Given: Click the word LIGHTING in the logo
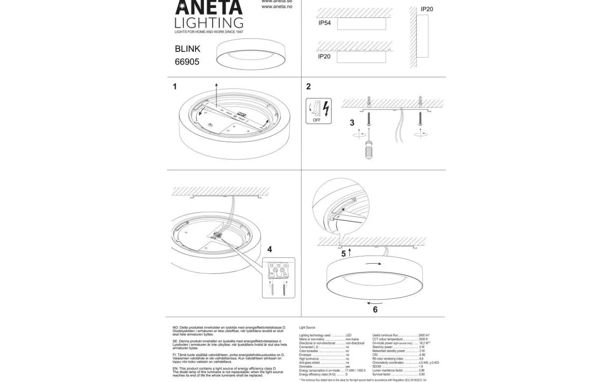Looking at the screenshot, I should coord(209,22).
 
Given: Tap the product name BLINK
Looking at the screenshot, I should coord(187,49).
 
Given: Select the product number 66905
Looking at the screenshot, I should coord(187,62).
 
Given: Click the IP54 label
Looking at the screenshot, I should coord(324,23).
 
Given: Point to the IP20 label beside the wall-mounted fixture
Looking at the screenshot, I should coord(427,9).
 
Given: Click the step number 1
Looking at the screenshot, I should coord(174,87).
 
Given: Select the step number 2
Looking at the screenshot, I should coord(308,87).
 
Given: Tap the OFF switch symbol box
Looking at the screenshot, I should coord(318,111).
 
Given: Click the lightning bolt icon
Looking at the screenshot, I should coord(326,108).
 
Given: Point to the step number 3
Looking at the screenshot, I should coord(352,123).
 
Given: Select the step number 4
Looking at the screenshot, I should coord(269,250).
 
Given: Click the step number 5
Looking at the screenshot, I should coord(343,254).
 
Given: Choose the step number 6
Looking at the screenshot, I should coord(375,310).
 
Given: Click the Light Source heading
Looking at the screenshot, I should coord(307,328).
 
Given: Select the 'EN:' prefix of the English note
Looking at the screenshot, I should coord(176,369).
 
